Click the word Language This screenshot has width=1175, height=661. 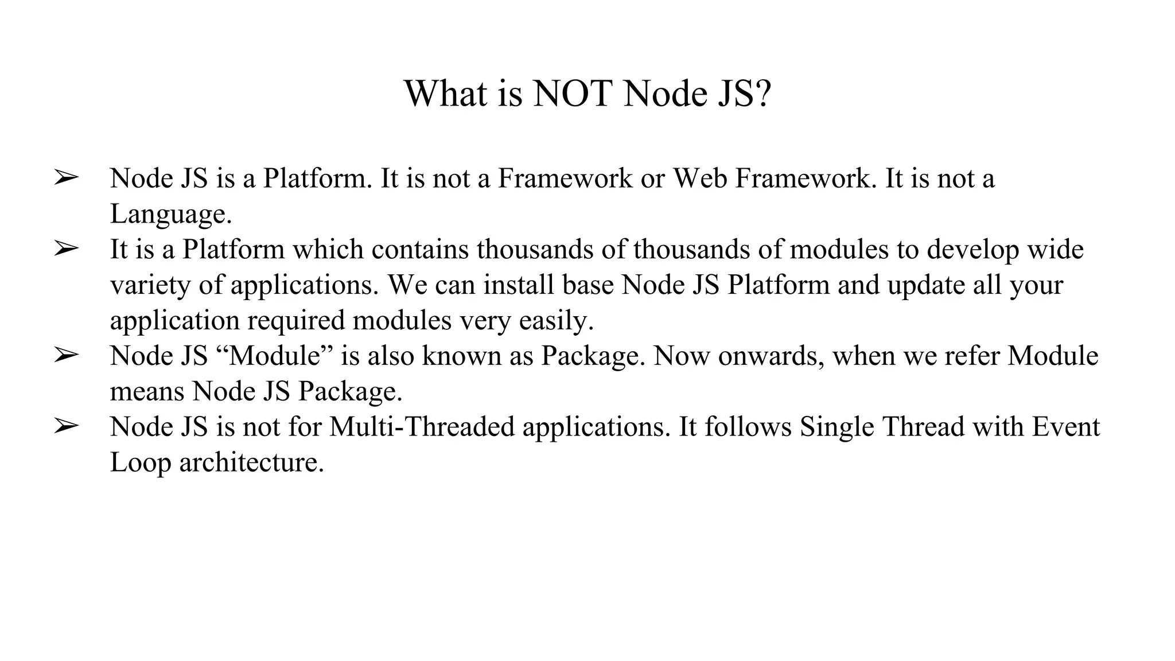pos(170,215)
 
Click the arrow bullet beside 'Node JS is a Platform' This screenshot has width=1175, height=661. pos(66,178)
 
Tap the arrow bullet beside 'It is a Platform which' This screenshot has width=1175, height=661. pos(66,249)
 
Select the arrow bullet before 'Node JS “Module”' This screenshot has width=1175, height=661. pos(66,356)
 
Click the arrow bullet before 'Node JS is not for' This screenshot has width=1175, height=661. pos(66,427)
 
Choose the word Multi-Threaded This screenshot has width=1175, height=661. pos(422,427)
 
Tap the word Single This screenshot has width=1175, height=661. pos(836,427)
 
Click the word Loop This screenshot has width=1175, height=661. pos(140,462)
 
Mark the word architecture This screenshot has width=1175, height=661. pos(251,462)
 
